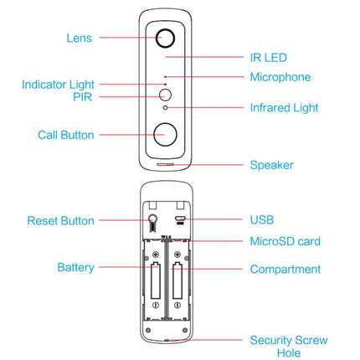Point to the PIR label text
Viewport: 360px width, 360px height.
82,97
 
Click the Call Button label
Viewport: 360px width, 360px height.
66,135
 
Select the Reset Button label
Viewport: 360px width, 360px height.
60,221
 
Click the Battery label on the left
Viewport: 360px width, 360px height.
76,268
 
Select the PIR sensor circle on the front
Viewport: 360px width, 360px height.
166,95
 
